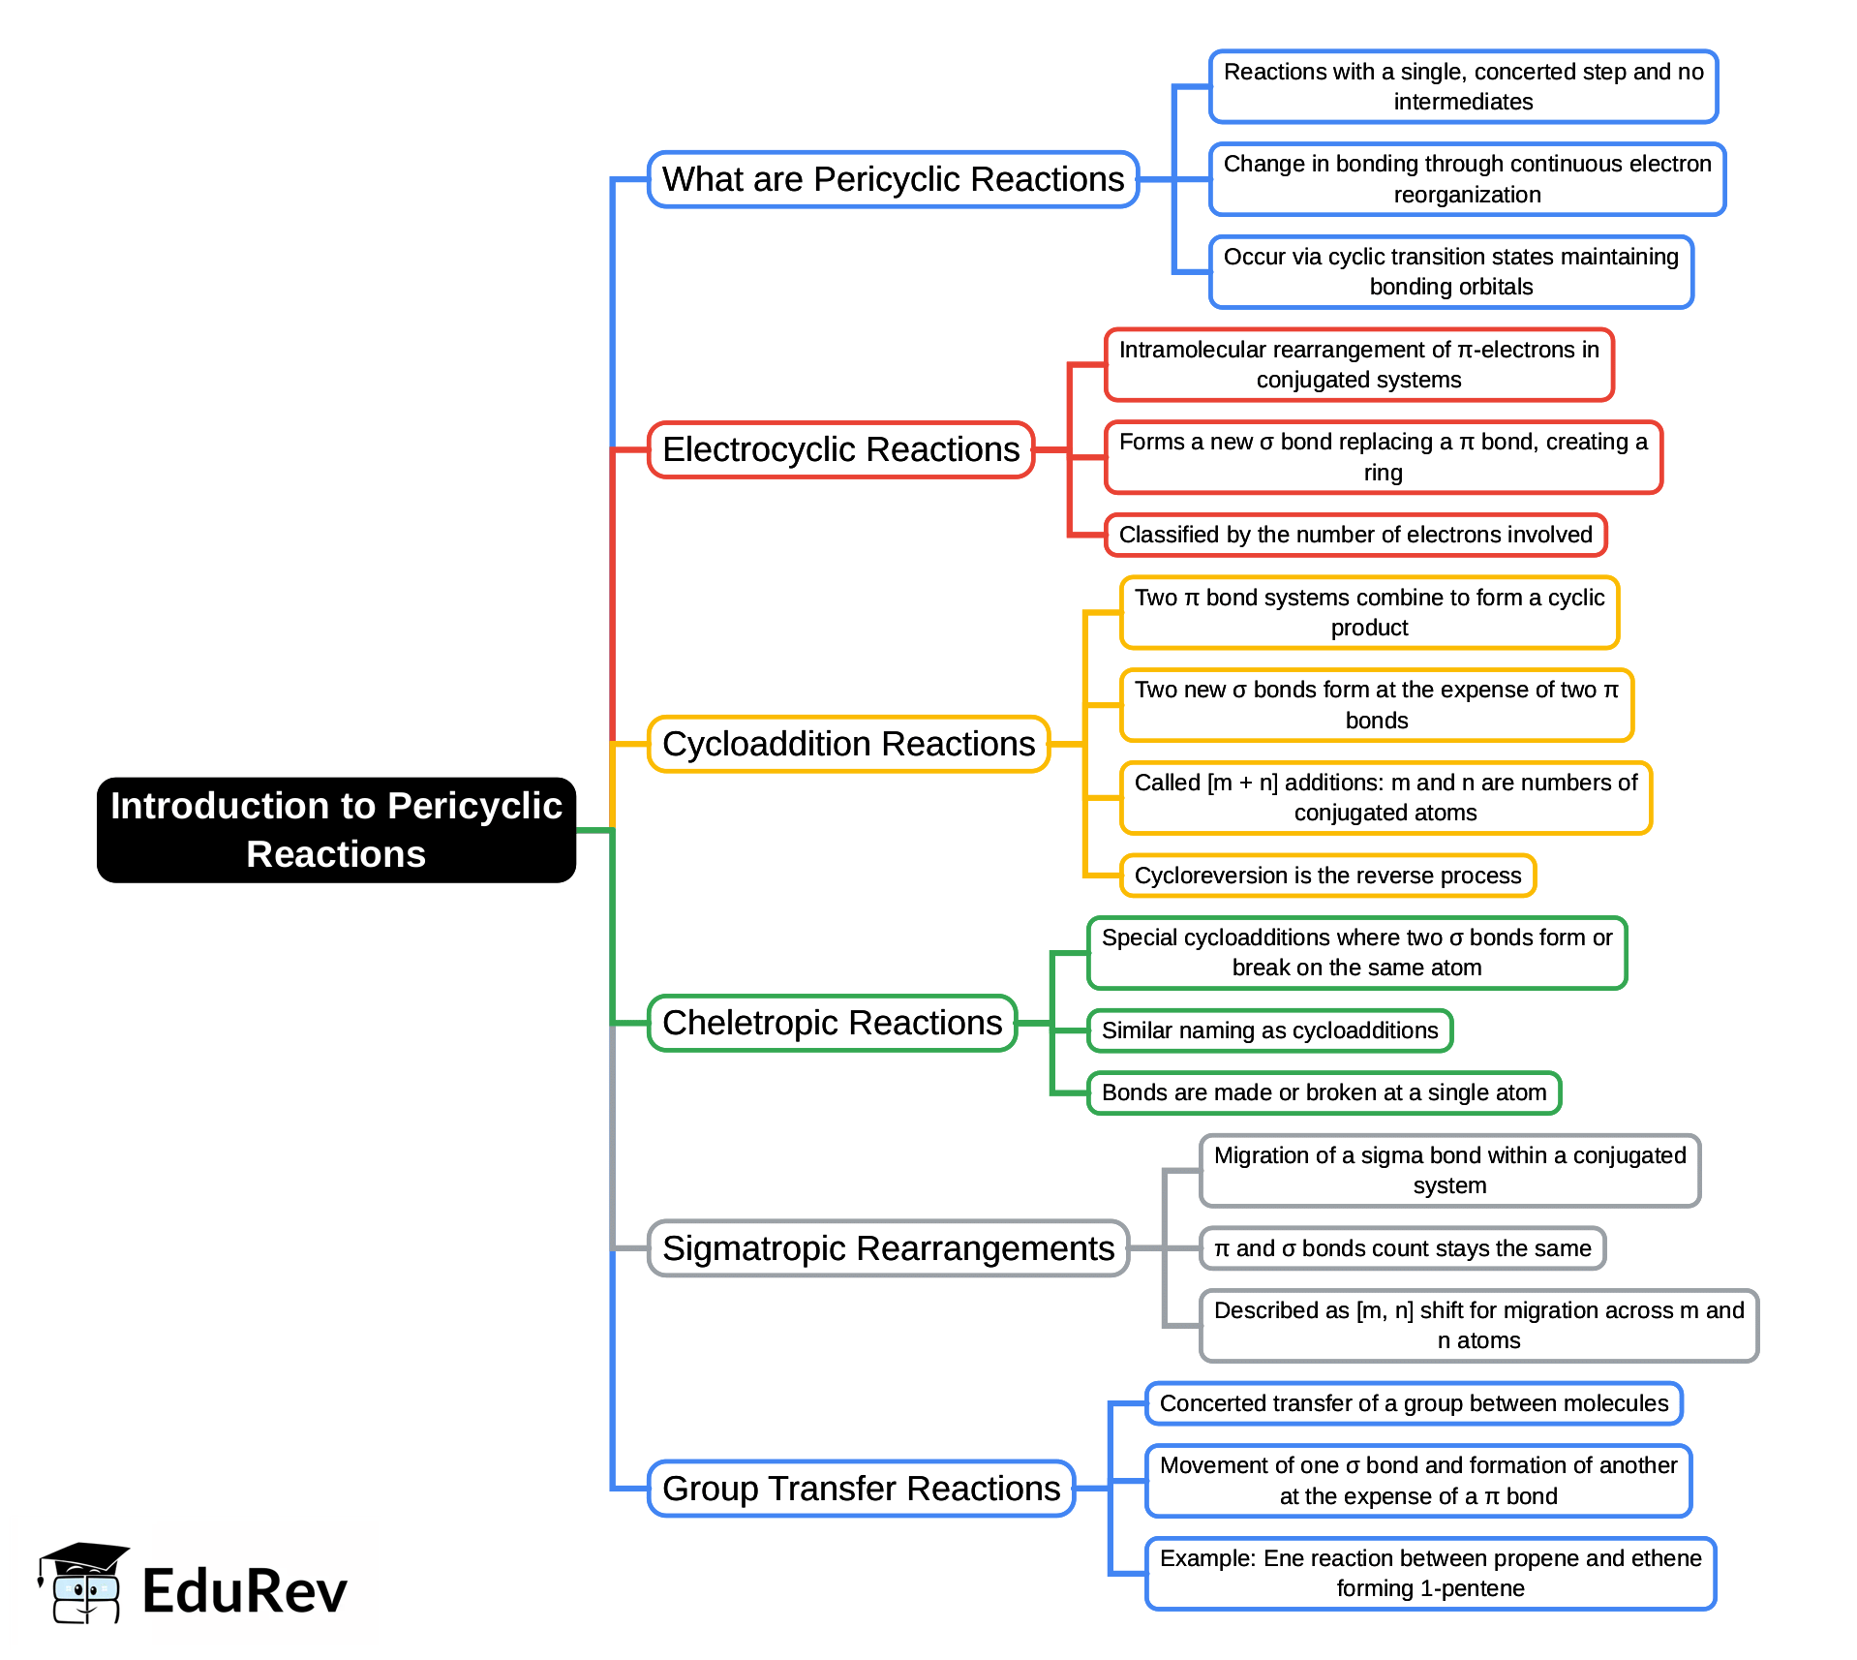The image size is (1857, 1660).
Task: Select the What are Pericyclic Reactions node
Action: tap(893, 179)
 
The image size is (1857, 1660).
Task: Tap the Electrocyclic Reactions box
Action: tap(840, 449)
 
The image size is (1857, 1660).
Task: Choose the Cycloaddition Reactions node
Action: tap(848, 744)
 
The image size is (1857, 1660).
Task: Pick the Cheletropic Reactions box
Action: tap(832, 1023)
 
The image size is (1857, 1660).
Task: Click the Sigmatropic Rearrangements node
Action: tap(888, 1248)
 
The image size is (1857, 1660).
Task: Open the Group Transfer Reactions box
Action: tap(861, 1489)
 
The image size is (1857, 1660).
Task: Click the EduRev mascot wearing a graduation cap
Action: tap(82, 1584)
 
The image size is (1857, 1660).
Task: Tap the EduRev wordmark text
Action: tap(244, 1591)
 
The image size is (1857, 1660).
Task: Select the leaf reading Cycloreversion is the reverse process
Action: tap(1327, 876)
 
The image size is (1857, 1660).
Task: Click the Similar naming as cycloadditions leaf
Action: tap(1269, 1030)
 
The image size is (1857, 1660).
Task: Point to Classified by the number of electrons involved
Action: tap(1355, 535)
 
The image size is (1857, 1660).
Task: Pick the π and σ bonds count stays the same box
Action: tap(1402, 1248)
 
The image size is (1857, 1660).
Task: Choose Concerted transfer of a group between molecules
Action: tap(1414, 1403)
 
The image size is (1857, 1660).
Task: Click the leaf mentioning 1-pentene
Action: tap(1430, 1573)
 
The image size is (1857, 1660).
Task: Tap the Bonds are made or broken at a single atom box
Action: tap(1324, 1092)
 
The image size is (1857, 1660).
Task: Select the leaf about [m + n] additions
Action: tap(1385, 797)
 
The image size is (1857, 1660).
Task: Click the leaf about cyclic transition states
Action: tap(1450, 271)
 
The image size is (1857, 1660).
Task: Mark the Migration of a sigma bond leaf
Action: tap(1449, 1170)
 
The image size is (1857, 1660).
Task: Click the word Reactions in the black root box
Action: tap(336, 855)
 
